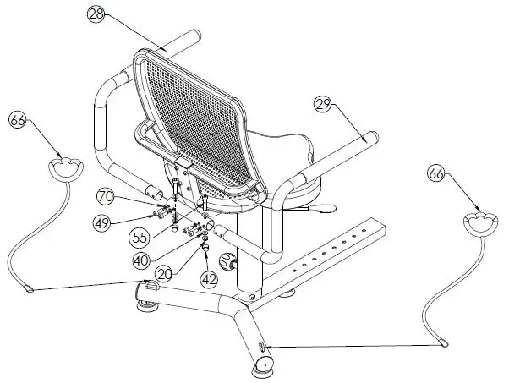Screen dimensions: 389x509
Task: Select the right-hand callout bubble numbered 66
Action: (x=436, y=174)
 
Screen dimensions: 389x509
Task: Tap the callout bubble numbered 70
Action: (x=105, y=196)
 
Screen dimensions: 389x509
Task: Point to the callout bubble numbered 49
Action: (x=101, y=223)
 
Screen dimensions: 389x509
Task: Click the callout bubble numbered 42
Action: (x=209, y=278)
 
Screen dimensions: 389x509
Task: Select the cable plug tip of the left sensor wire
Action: (x=31, y=289)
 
